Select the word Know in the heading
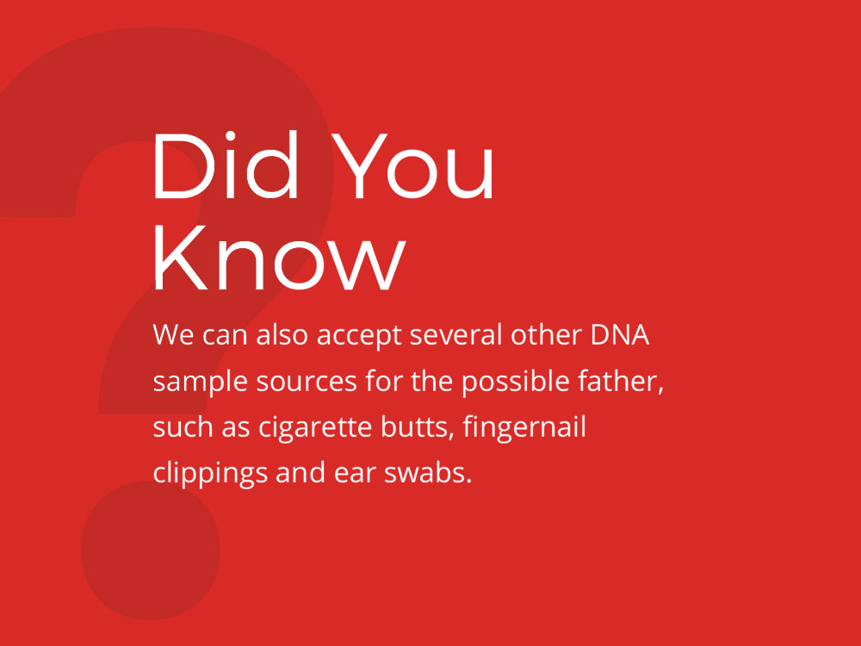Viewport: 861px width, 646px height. coord(280,257)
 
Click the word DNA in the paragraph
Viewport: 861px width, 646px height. coord(620,334)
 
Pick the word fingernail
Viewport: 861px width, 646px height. coord(524,427)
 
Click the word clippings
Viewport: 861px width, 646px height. coord(210,474)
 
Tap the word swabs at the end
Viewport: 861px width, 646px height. coord(428,472)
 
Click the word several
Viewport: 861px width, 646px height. coord(455,334)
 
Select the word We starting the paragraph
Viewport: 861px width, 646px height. coord(173,334)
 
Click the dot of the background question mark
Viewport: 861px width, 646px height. coord(151,550)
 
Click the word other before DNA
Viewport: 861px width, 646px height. coord(547,334)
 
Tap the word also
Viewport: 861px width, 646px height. coord(282,334)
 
